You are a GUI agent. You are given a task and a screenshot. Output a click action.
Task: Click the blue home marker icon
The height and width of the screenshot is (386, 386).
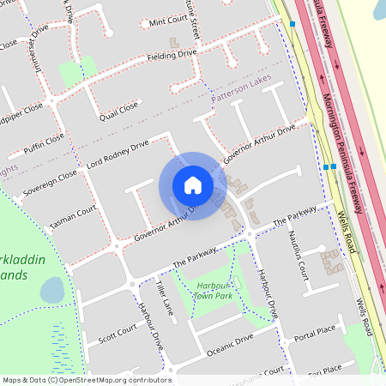192,185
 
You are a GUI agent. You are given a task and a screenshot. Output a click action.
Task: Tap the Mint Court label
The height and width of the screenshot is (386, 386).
167,22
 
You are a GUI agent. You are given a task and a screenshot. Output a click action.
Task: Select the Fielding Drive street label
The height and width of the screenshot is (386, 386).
172,55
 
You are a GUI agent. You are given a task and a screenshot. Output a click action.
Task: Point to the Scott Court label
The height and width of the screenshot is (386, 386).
117,332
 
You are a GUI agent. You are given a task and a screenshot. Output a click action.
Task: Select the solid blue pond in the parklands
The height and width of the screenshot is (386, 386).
51,290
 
